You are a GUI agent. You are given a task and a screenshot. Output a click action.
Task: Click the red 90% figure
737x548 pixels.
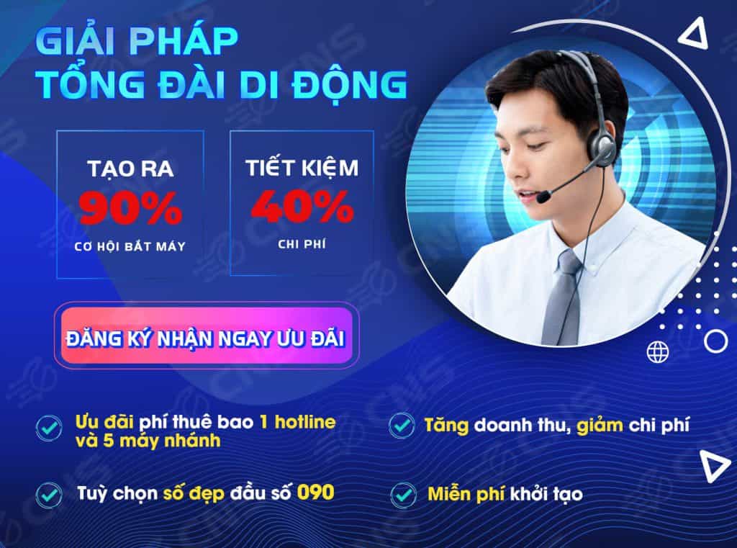(131, 208)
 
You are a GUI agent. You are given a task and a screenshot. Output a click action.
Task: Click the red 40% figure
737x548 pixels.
(302, 206)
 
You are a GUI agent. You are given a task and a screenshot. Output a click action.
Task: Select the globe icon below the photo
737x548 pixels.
(658, 351)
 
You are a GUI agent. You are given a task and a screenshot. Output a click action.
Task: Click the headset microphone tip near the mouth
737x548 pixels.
(543, 196)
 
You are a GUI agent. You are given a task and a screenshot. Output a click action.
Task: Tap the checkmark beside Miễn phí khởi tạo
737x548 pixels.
(403, 495)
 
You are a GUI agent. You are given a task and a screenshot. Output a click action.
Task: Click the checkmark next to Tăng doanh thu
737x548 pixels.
(402, 426)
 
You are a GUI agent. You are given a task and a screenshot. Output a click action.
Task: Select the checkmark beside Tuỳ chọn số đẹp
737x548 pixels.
(49, 495)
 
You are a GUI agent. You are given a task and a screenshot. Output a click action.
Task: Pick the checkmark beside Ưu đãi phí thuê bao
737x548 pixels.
(49, 428)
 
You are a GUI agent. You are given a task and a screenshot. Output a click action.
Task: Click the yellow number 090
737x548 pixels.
(316, 493)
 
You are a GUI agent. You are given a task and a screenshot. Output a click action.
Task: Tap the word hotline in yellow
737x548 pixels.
(305, 422)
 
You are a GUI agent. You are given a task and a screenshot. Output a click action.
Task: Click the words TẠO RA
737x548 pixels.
(130, 169)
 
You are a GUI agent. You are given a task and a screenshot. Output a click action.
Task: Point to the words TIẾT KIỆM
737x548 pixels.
(302, 168)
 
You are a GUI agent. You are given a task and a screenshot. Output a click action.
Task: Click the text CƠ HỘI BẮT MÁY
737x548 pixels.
(130, 246)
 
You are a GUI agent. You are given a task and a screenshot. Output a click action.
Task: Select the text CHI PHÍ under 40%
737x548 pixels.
(302, 244)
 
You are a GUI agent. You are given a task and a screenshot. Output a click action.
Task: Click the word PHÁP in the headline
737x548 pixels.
(184, 41)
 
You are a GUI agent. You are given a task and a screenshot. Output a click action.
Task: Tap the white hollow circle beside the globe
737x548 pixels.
(716, 341)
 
